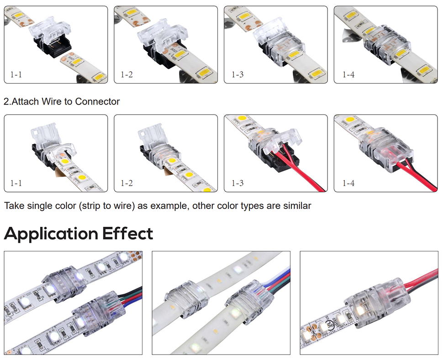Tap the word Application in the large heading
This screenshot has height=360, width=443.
point(50,234)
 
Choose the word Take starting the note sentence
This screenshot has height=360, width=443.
point(14,206)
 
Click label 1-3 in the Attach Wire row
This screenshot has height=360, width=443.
point(237,183)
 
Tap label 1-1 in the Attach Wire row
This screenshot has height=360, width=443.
point(16,183)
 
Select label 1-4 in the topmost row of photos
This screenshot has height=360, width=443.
point(348,74)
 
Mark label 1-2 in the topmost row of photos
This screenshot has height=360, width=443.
point(127,74)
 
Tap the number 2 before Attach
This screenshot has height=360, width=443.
point(5,101)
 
